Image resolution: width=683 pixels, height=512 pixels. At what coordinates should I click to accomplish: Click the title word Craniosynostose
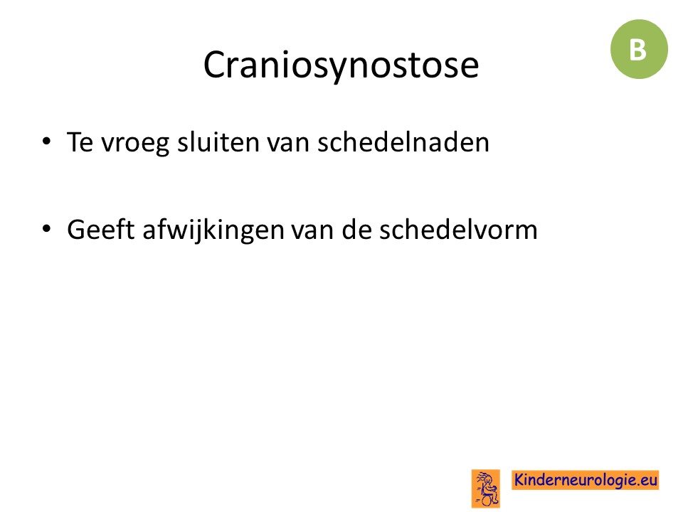(x=341, y=65)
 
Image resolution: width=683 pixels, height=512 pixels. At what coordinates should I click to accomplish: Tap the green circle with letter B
(x=639, y=49)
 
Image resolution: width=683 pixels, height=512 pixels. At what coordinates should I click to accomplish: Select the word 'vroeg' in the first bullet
(x=134, y=143)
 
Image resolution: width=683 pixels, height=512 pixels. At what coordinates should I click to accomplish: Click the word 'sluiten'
(x=218, y=142)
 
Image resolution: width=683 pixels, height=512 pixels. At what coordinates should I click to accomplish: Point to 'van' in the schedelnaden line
(x=288, y=144)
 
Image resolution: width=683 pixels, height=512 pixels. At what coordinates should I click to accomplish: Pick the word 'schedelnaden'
(x=403, y=142)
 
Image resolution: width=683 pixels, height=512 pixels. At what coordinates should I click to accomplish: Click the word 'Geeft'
(x=100, y=229)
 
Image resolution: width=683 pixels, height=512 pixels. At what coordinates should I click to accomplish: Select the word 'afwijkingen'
(x=213, y=230)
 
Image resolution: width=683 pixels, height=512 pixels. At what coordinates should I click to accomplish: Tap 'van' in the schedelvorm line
(x=313, y=231)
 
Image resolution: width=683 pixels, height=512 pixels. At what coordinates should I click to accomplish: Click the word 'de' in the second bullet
(x=356, y=229)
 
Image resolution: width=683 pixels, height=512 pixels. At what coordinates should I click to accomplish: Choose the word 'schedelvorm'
(x=458, y=229)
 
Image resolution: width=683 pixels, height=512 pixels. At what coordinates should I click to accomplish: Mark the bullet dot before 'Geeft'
(x=46, y=228)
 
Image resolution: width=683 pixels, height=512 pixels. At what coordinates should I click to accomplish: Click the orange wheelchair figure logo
(x=486, y=488)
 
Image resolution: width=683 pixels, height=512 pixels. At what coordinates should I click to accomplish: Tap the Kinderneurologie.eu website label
(x=585, y=480)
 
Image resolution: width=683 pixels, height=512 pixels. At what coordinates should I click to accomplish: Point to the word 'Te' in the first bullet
(x=80, y=142)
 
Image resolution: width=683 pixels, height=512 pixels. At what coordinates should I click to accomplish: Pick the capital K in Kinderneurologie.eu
(x=519, y=479)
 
